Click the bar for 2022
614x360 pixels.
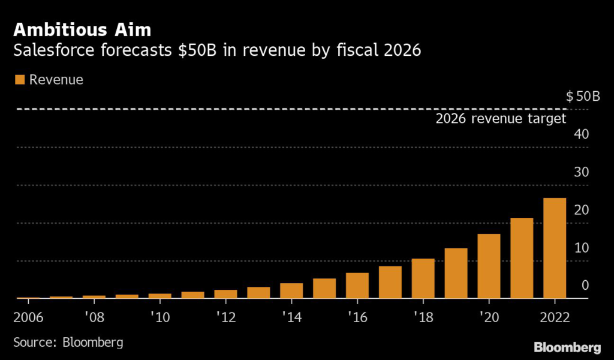(x=554, y=248)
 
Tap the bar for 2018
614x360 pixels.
(x=423, y=278)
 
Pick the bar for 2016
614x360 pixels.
(x=357, y=286)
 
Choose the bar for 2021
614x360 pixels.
(x=522, y=258)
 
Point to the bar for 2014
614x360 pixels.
(x=291, y=291)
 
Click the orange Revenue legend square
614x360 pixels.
(x=20, y=80)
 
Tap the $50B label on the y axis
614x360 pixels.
(x=582, y=96)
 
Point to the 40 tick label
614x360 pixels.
(x=580, y=134)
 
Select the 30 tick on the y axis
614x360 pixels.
(x=580, y=172)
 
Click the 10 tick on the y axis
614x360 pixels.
(x=580, y=248)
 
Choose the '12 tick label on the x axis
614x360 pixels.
(x=225, y=315)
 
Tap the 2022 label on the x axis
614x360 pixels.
(x=554, y=315)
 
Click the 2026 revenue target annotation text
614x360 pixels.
(x=501, y=118)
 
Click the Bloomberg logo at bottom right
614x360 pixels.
(x=567, y=347)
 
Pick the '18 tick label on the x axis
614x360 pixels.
(x=423, y=315)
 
